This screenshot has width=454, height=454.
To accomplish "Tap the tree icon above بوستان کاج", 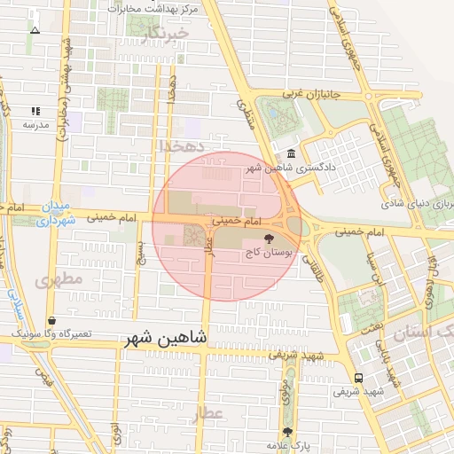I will pos(269,239).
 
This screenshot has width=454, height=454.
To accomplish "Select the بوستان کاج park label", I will pos(269,253).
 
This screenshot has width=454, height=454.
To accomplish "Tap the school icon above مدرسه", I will pos(35,111).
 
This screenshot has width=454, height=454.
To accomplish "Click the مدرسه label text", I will pos(35,124).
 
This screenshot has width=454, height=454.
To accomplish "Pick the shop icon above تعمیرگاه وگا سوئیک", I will pos(51,320).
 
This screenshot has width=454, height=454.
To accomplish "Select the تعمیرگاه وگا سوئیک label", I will pos(51,333).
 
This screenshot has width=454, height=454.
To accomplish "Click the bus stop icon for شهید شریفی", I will pos(357,377).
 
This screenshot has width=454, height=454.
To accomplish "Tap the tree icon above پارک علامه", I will pos(286,432).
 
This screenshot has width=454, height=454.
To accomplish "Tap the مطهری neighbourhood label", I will pos(58,279).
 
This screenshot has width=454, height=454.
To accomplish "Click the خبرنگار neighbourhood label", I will pos(166,35).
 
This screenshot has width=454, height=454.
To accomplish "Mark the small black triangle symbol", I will pos(35,30).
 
